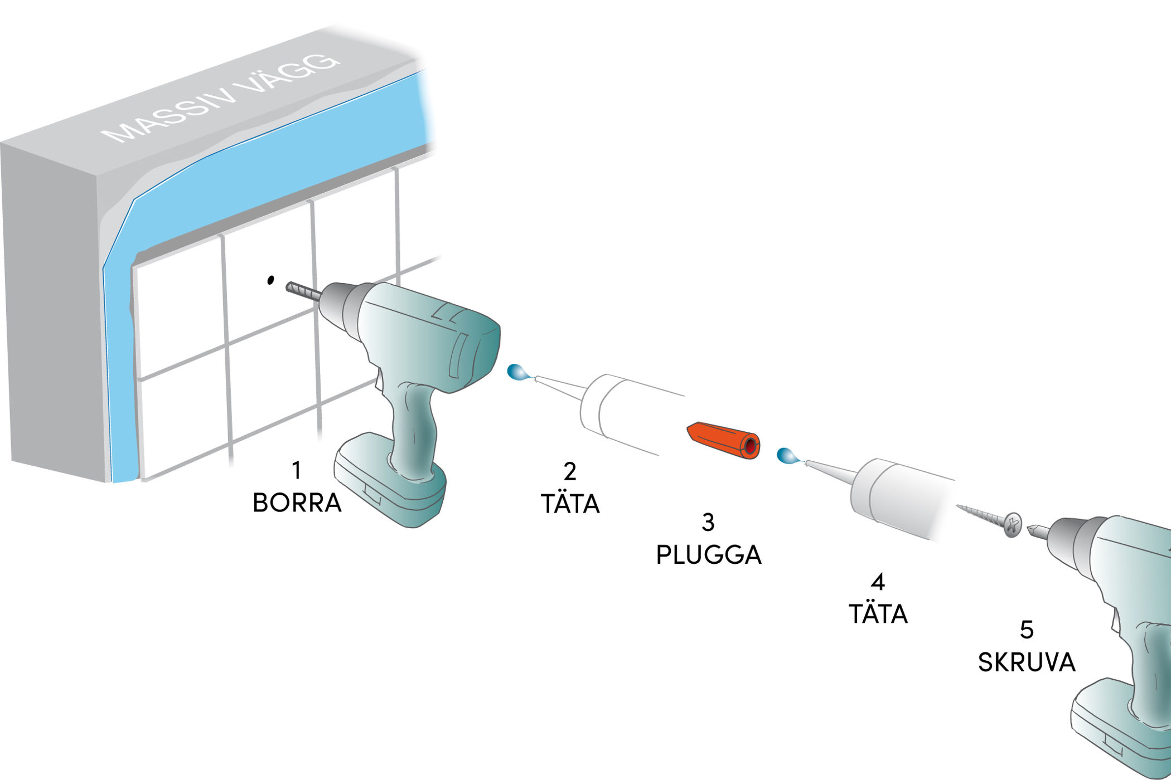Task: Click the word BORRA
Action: (297, 503)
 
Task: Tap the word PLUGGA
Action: (708, 554)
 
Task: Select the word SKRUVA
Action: (1026, 662)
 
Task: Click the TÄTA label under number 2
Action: (570, 504)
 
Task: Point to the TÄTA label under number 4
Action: (878, 613)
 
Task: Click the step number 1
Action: (297, 470)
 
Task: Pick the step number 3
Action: (708, 522)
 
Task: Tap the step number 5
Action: (1026, 630)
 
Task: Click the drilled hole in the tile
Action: (271, 280)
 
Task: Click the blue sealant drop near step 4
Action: (787, 455)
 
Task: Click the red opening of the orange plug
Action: (751, 446)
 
